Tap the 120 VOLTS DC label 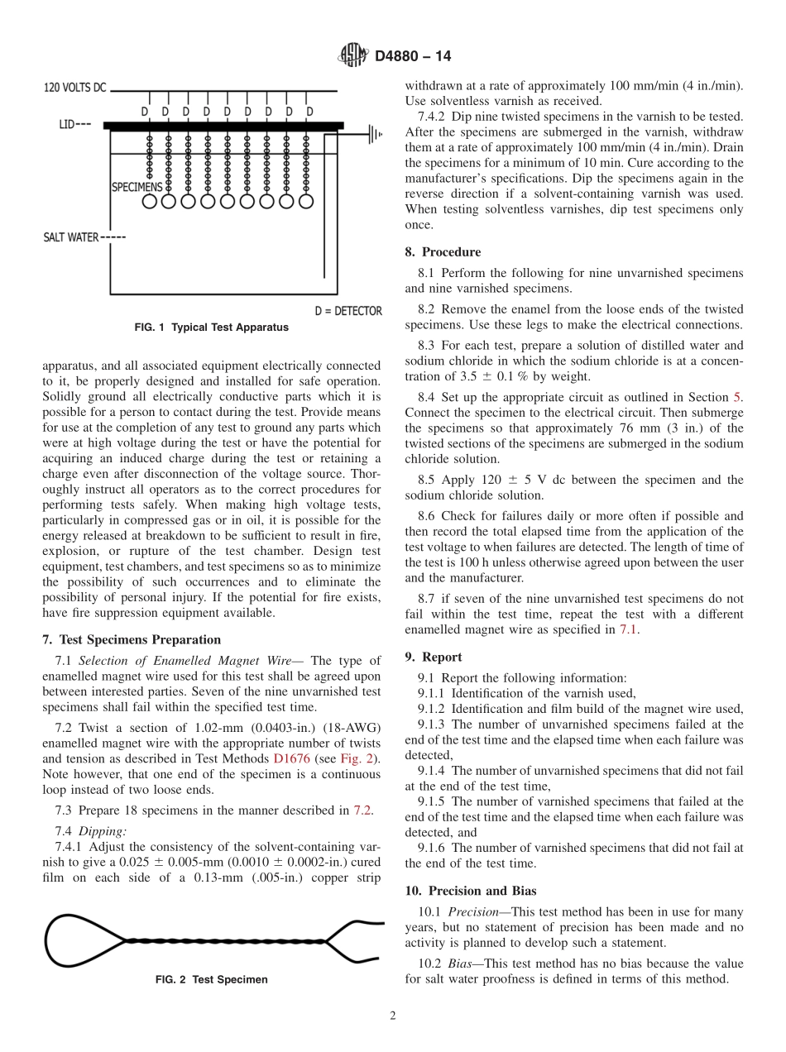tap(74, 87)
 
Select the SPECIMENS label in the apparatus tap(137, 188)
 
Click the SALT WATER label tap(70, 237)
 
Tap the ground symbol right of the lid tap(374, 132)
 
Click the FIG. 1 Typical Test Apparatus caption tap(211, 328)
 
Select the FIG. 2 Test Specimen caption tap(212, 979)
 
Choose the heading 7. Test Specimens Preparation tap(132, 639)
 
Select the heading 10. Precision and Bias tap(470, 891)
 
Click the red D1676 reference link tap(291, 758)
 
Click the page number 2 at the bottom tap(393, 1016)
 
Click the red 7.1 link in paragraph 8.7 tap(629, 629)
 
